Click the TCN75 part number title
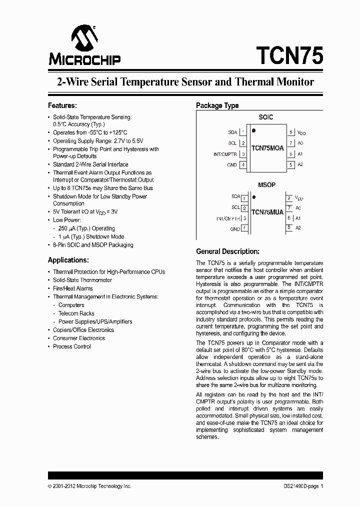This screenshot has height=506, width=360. [x=289, y=55]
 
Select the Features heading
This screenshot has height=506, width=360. [x=62, y=105]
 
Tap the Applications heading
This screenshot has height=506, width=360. [x=68, y=260]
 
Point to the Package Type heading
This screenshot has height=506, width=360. [x=217, y=105]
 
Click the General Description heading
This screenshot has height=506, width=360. [x=227, y=251]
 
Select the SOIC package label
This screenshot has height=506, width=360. [x=265, y=117]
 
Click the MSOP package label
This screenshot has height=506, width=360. [x=266, y=185]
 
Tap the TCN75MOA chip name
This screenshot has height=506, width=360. [x=267, y=148]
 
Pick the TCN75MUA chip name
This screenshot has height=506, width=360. [x=267, y=212]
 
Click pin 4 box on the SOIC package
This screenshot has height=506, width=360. [x=243, y=164]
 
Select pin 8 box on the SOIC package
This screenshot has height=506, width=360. [x=290, y=132]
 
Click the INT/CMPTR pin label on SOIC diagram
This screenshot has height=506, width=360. [x=225, y=154]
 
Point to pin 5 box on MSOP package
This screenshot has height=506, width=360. [x=289, y=227]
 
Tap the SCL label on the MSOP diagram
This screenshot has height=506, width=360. [x=235, y=207]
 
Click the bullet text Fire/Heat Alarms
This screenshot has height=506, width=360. [x=72, y=288]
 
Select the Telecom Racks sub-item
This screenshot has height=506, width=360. [x=76, y=313]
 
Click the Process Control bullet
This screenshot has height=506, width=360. [x=72, y=346]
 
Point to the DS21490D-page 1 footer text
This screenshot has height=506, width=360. [x=300, y=486]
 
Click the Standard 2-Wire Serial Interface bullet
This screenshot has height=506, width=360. [x=90, y=164]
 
